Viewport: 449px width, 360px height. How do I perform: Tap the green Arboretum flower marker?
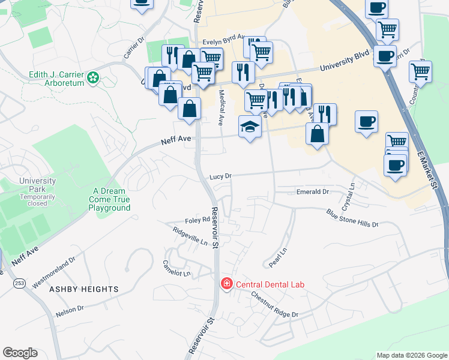point(93,77)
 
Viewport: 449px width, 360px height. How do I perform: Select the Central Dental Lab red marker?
point(227,283)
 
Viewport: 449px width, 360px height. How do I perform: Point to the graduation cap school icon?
point(250,127)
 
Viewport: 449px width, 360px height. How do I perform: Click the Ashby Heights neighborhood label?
point(84,289)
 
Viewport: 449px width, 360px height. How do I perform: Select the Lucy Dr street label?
point(220,176)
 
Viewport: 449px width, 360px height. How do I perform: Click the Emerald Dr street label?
point(313,192)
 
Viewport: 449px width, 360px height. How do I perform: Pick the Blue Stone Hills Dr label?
point(352,218)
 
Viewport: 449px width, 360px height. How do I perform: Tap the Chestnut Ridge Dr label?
point(274,304)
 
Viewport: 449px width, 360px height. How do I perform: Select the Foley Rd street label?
point(197,220)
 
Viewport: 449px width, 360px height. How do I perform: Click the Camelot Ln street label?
point(176,268)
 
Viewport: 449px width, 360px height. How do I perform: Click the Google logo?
point(20,353)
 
